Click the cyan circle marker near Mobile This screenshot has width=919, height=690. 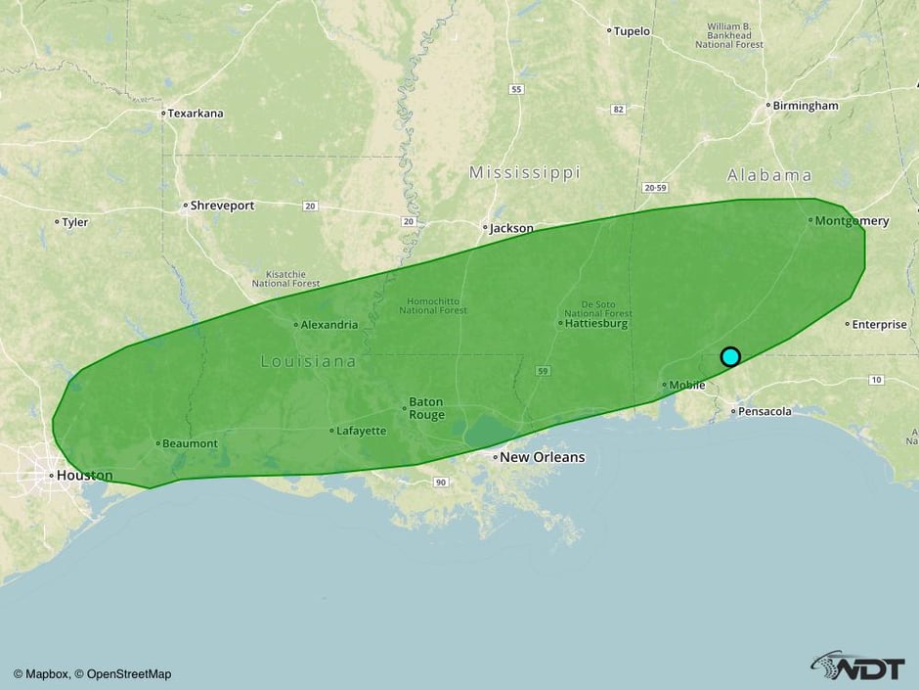[x=730, y=356]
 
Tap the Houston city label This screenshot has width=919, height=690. [x=84, y=476]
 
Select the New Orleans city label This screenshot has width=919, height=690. [x=542, y=457]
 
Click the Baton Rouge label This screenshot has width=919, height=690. [x=426, y=408]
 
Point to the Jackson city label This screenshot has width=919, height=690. [x=511, y=228]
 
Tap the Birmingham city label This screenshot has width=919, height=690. [x=805, y=106]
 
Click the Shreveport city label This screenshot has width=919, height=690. [x=222, y=207]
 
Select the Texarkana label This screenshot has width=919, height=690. [x=196, y=114]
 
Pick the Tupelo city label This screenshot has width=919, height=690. [x=632, y=31]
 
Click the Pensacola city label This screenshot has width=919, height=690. [x=765, y=412]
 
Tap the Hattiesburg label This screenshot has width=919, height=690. [x=595, y=323]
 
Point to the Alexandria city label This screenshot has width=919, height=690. [x=329, y=325]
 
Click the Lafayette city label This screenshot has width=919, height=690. [x=362, y=431]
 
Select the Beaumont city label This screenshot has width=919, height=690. [x=190, y=443]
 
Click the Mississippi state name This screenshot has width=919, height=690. [x=524, y=173]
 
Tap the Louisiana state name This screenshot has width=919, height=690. [x=308, y=362]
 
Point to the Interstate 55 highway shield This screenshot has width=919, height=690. [x=516, y=89]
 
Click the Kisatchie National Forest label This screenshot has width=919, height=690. [x=285, y=278]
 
